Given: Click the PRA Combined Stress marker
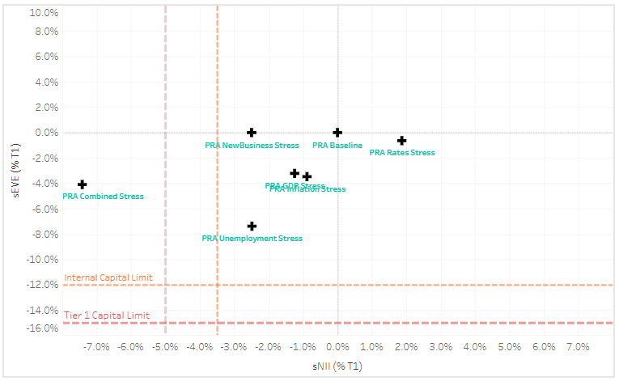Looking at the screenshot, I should tap(82, 184).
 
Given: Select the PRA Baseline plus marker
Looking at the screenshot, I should tap(337, 133).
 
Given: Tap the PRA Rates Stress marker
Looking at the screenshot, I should tap(401, 141).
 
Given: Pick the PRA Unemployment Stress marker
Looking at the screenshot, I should tap(252, 226).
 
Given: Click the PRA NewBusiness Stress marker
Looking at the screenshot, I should tap(252, 133).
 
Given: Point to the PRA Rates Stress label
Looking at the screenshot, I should tap(402, 152).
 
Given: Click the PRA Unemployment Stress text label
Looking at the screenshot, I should tap(252, 239).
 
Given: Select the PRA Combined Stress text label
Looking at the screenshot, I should tap(103, 196).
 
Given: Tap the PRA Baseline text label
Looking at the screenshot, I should tap(337, 146).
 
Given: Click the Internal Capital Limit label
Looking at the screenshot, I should tap(108, 278).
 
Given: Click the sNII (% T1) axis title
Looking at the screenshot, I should tap(337, 366).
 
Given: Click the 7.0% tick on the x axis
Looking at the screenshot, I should tap(578, 347).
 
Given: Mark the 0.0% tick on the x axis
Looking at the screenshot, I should tap(339, 347).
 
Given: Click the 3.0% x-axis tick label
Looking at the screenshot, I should tap(441, 347).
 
